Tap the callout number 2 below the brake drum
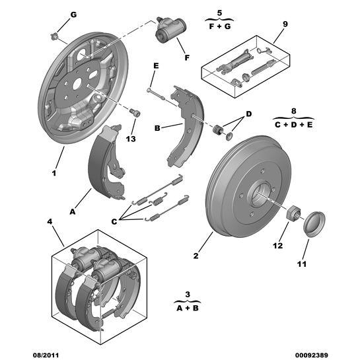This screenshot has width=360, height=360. pyautogui.click(x=196, y=255)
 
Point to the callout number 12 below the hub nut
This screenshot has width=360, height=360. pyautogui.click(x=278, y=245)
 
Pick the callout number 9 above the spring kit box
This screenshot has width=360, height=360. pyautogui.click(x=285, y=25)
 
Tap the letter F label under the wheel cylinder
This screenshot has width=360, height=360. pyautogui.click(x=187, y=58)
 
